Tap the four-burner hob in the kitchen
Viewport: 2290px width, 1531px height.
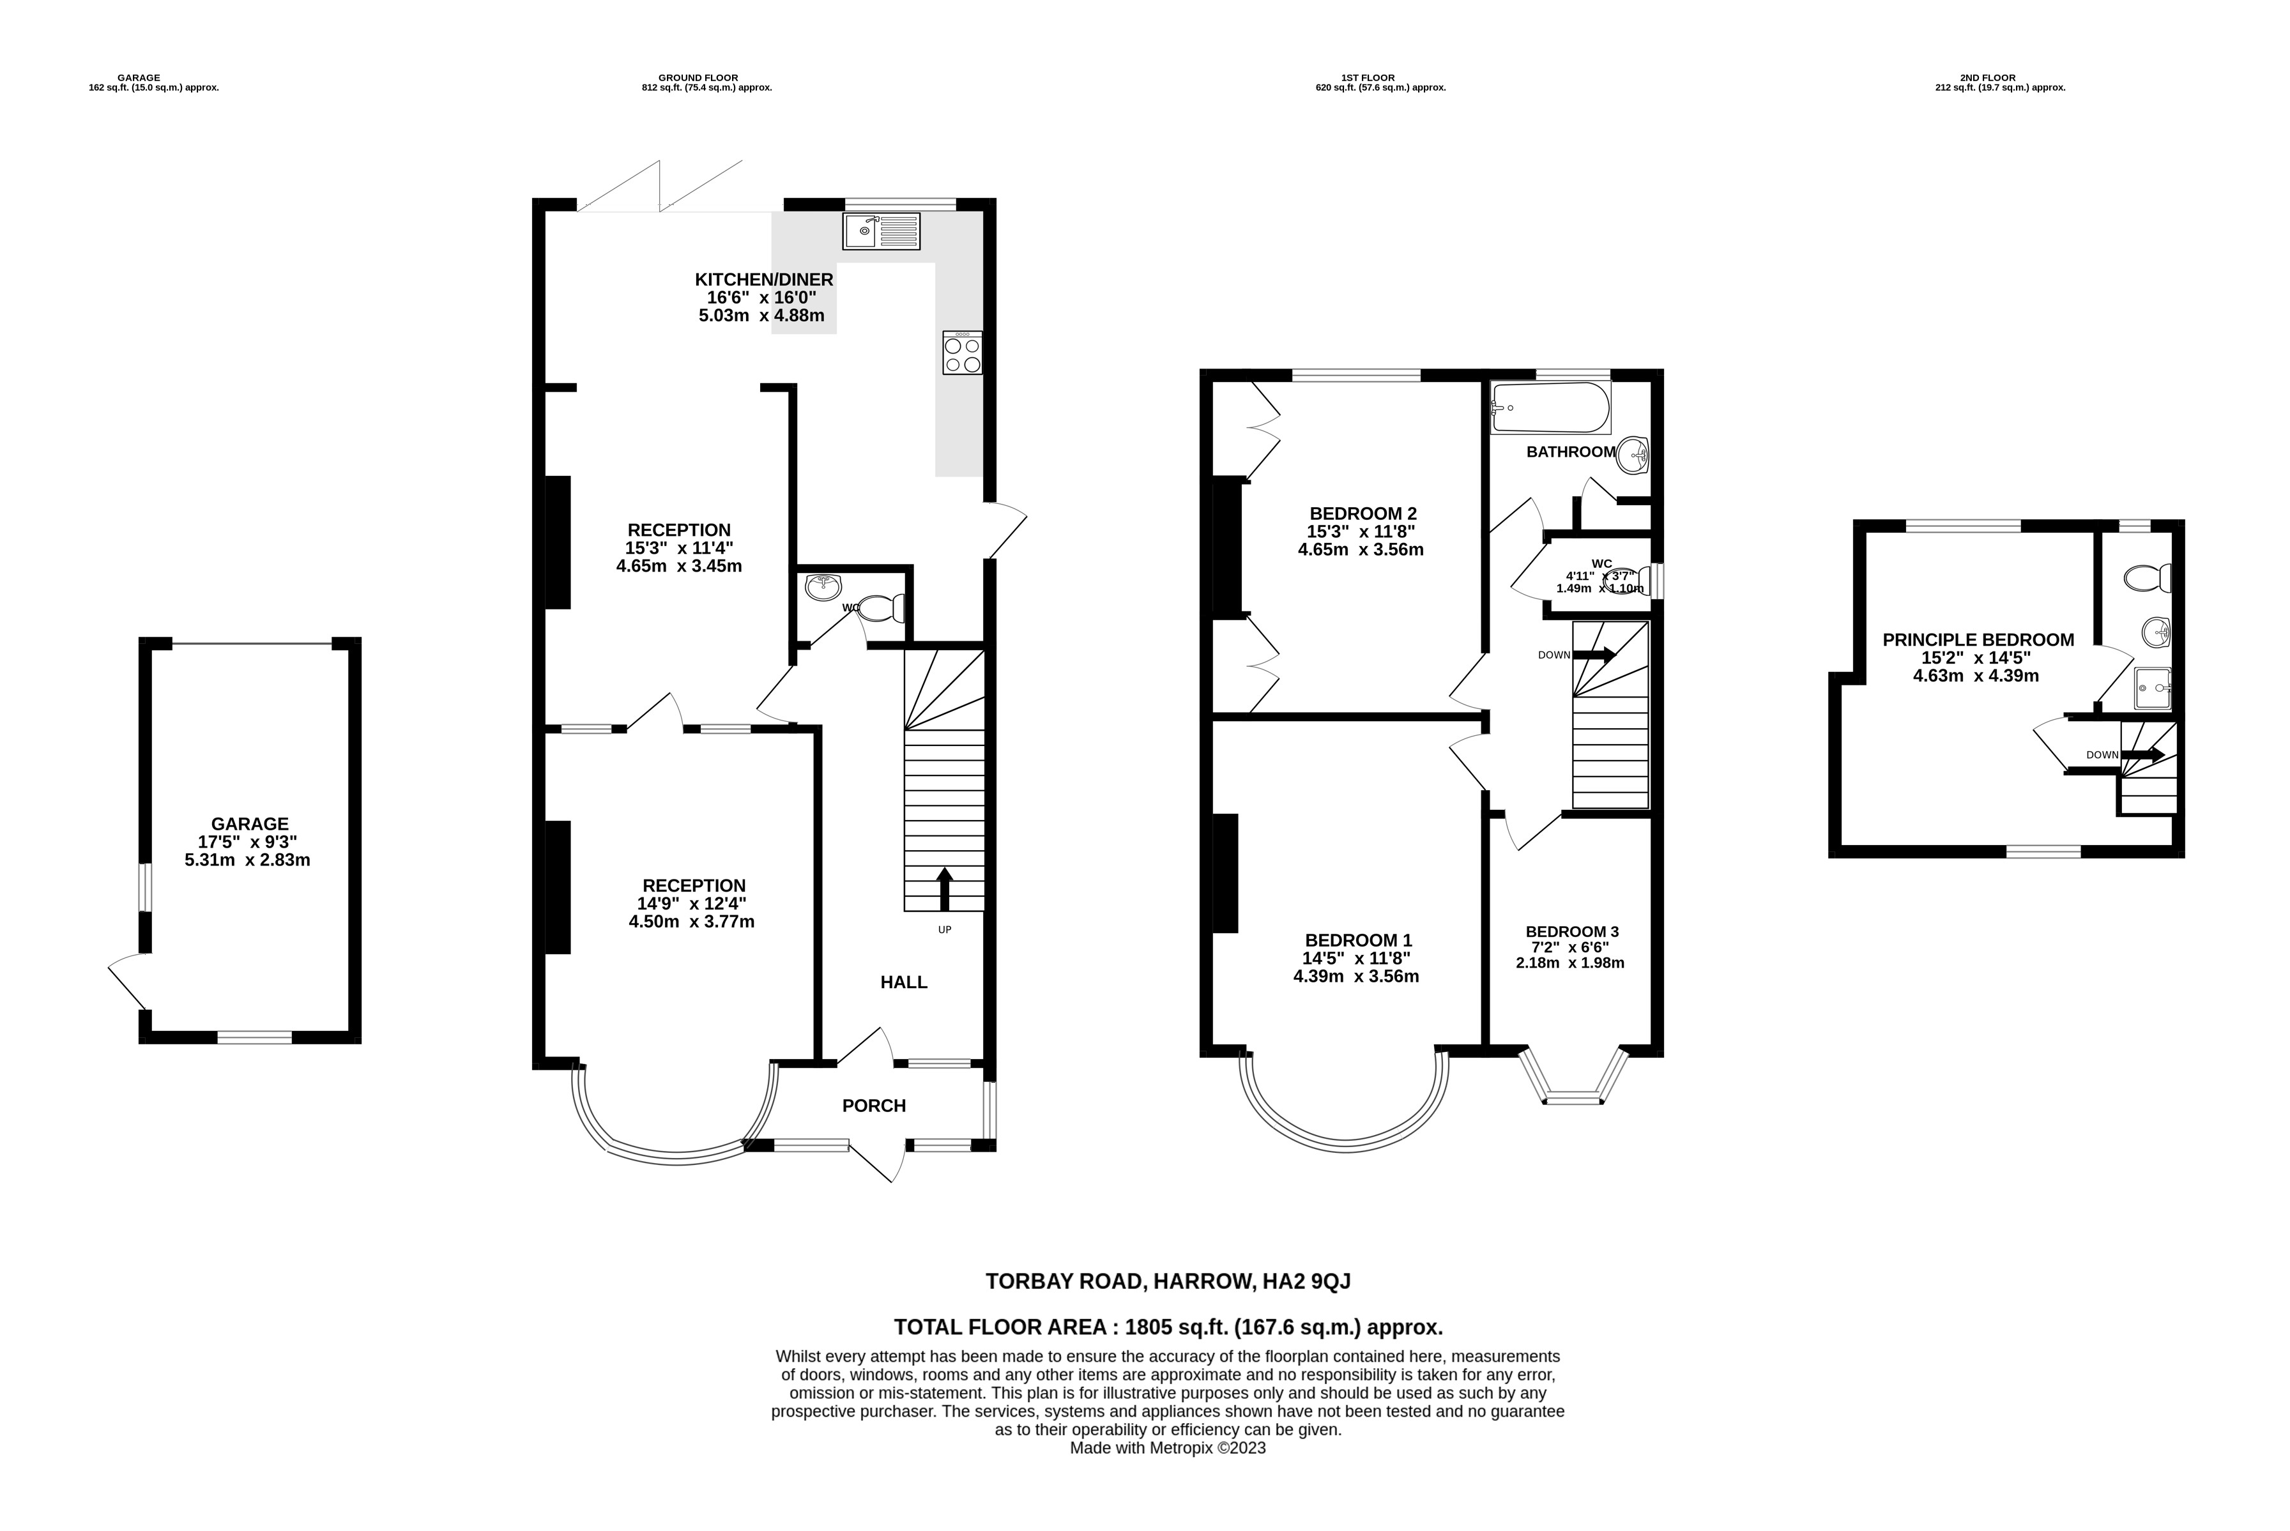click(x=962, y=353)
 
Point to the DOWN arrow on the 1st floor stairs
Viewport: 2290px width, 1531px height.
click(x=1592, y=655)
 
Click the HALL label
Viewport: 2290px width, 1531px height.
click(x=903, y=982)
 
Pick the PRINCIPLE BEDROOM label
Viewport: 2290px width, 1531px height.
click(x=1978, y=639)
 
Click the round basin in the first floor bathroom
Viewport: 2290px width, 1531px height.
click(x=1632, y=455)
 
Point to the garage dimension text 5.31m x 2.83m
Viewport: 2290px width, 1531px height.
click(x=247, y=860)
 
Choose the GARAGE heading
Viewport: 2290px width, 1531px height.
click(x=138, y=78)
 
